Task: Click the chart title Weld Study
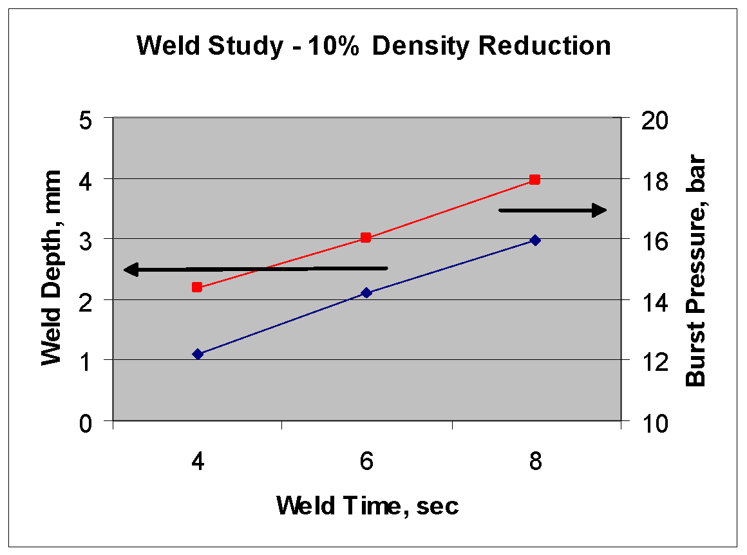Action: (x=373, y=47)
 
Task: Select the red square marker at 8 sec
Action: (x=534, y=180)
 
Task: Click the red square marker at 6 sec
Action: (x=366, y=238)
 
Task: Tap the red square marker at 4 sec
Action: (x=197, y=287)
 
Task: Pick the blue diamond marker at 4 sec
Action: (x=198, y=354)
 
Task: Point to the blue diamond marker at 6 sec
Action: (x=366, y=293)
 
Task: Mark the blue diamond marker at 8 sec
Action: (x=534, y=240)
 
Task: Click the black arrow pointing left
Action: (x=255, y=269)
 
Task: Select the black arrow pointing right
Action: (x=553, y=210)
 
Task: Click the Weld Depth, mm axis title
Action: (x=51, y=268)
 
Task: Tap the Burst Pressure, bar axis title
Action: (x=697, y=272)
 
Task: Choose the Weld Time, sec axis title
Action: (x=368, y=506)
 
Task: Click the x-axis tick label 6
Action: (x=366, y=462)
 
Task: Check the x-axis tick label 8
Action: (x=535, y=462)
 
